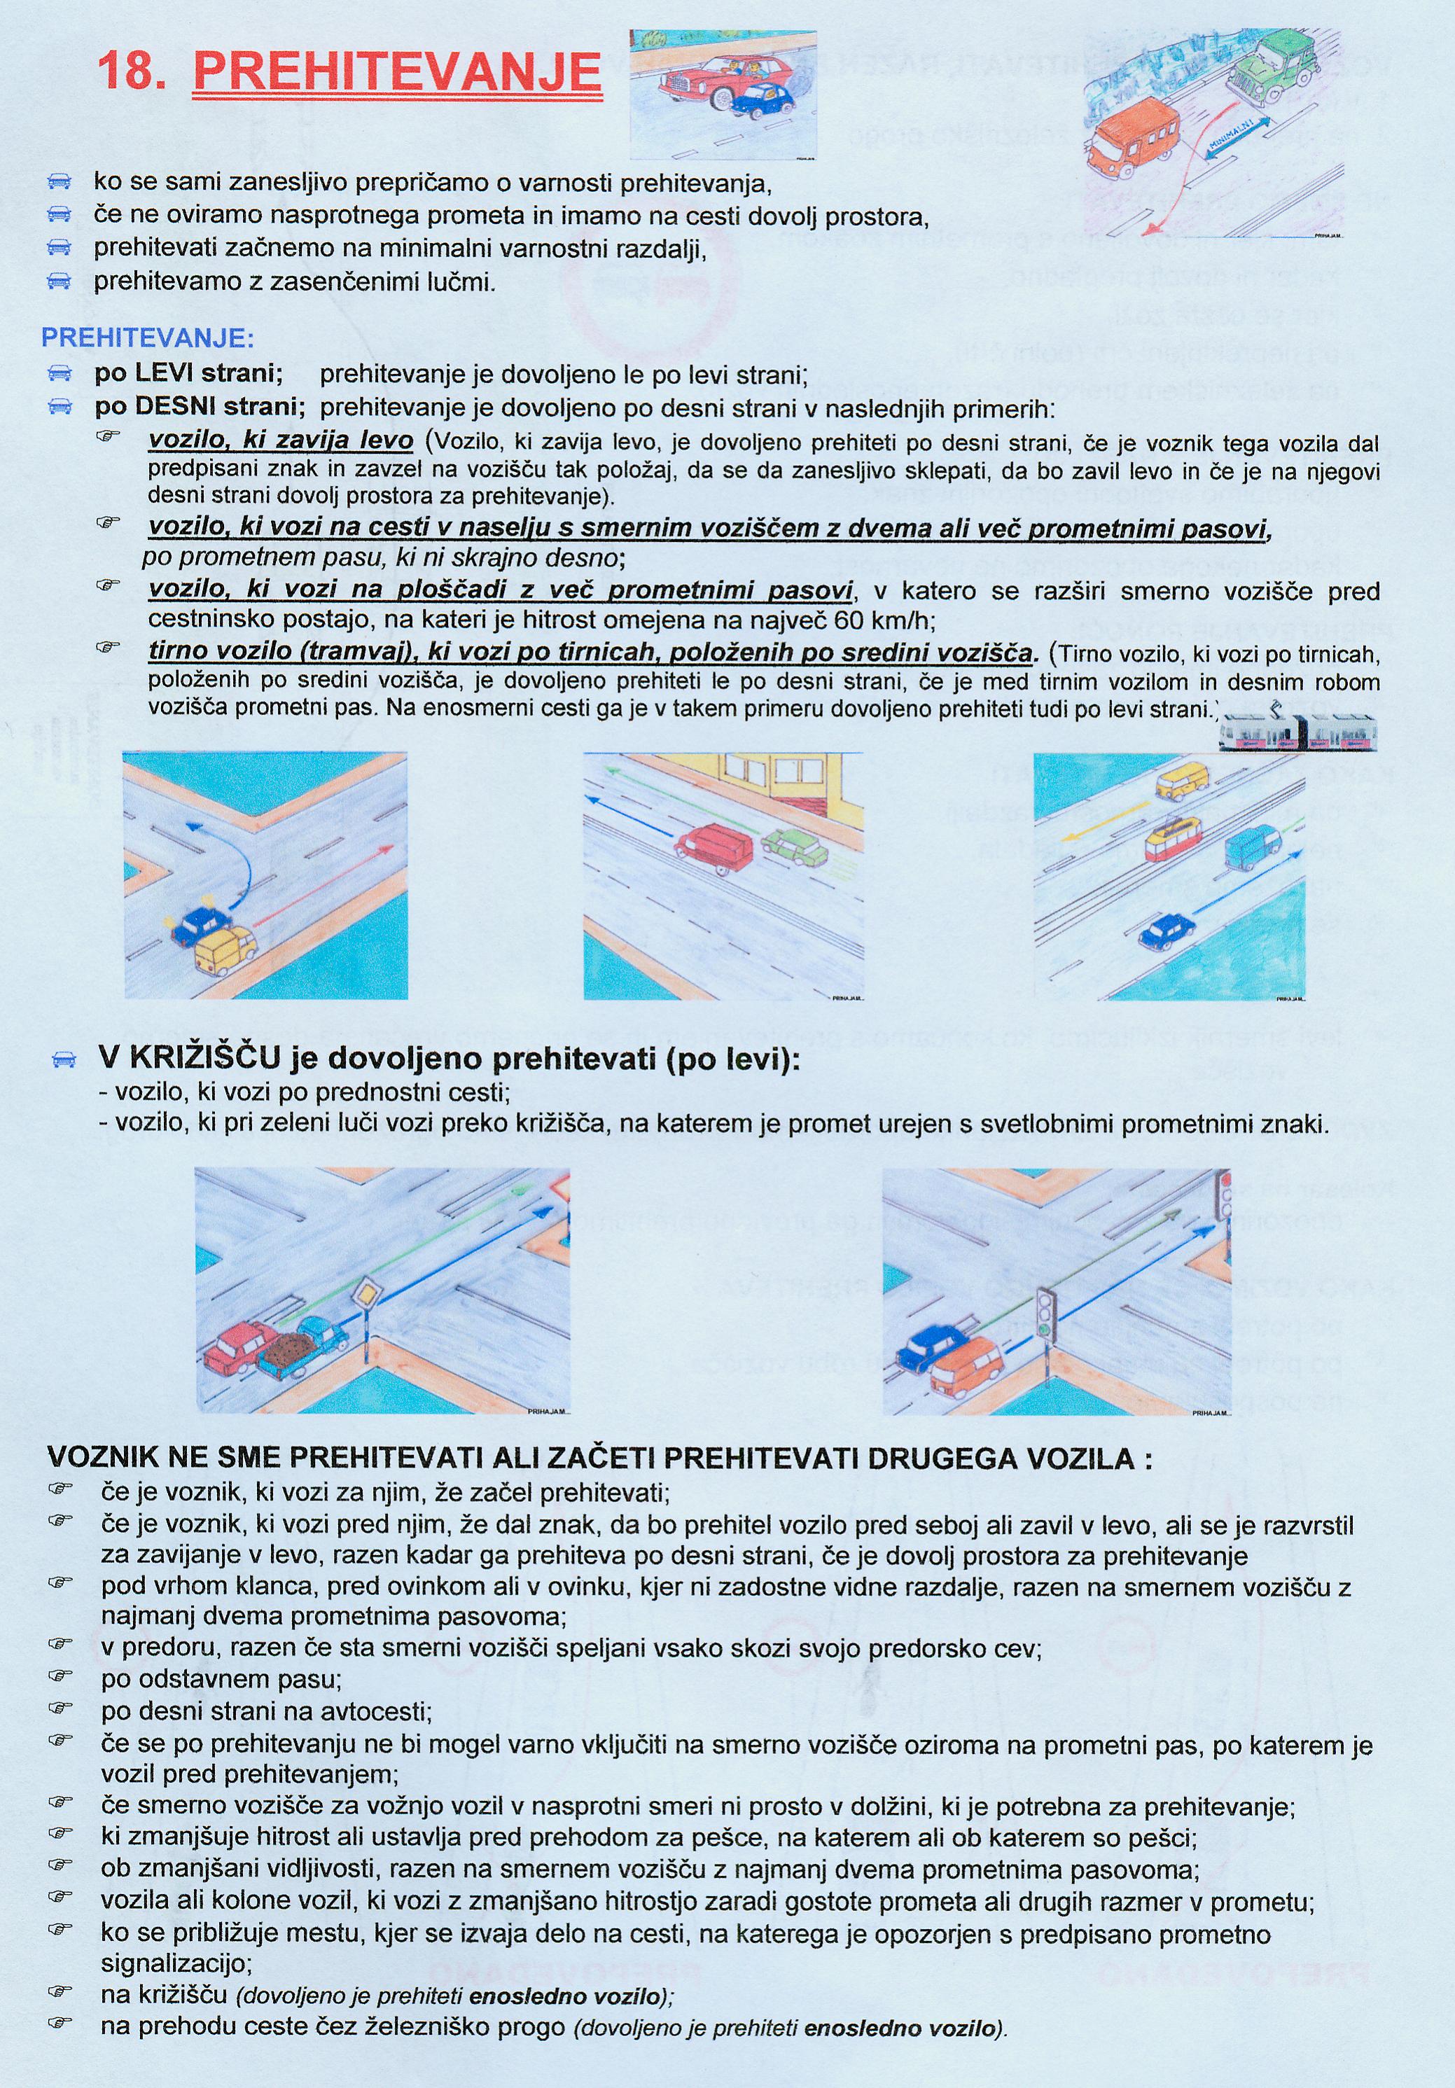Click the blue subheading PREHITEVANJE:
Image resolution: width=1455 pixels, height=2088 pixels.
(147, 338)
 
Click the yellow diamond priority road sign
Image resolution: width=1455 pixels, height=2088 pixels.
(366, 1293)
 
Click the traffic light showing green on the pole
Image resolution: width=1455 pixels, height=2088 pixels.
(1048, 1315)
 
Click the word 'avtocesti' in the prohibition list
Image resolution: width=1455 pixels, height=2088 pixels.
(375, 1711)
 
